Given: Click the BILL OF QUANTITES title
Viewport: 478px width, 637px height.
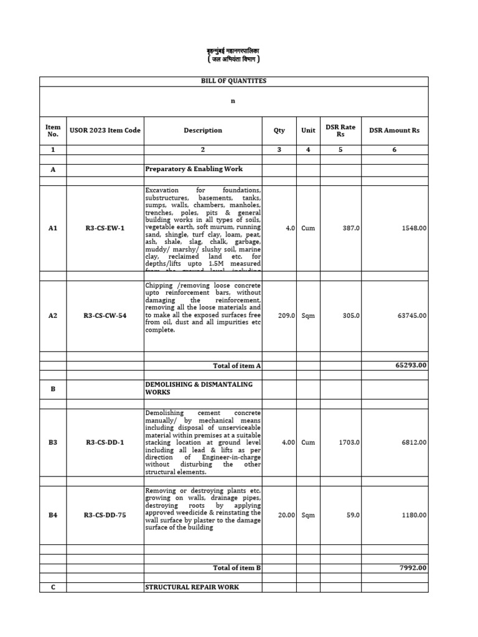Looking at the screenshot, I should click(x=233, y=81).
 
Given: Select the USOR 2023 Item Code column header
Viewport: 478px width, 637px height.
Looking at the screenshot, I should click(x=105, y=131).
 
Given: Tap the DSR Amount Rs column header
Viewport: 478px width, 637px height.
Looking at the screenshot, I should click(x=394, y=131).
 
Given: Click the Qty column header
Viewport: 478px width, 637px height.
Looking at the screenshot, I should click(x=279, y=131).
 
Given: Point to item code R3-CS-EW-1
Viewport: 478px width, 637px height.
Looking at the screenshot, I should click(x=105, y=228).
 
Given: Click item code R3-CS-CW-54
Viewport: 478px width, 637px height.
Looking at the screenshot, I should click(x=105, y=315).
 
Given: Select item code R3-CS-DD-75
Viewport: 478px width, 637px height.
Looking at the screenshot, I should click(x=105, y=515).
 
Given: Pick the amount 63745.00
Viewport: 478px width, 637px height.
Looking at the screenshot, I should click(x=411, y=315).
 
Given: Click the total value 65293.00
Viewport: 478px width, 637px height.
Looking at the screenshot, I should click(x=411, y=366).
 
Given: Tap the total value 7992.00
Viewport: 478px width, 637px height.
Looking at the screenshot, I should click(x=413, y=568).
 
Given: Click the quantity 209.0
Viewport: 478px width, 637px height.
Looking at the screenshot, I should click(x=286, y=315).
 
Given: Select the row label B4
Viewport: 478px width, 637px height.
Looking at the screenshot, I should click(x=53, y=515).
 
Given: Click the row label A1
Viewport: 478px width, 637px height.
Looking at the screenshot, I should click(x=53, y=228).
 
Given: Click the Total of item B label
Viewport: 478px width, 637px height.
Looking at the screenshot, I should click(x=237, y=568).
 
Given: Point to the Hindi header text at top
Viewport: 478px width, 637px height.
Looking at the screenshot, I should click(x=233, y=55).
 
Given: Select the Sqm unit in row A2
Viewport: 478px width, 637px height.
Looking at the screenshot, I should click(x=308, y=315).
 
